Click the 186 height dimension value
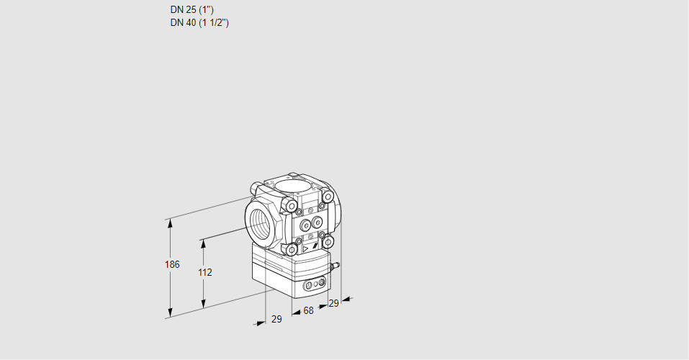click(171, 265)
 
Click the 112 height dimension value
click(204, 272)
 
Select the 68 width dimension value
click(308, 310)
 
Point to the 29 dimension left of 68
click(276, 319)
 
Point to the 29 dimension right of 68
click(333, 303)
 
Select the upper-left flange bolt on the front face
click(292, 207)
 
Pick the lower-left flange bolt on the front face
click(292, 249)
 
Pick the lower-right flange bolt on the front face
click(327, 240)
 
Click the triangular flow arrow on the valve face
click(305, 249)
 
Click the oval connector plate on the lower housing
click(313, 286)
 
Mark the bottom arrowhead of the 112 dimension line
click(204, 304)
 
